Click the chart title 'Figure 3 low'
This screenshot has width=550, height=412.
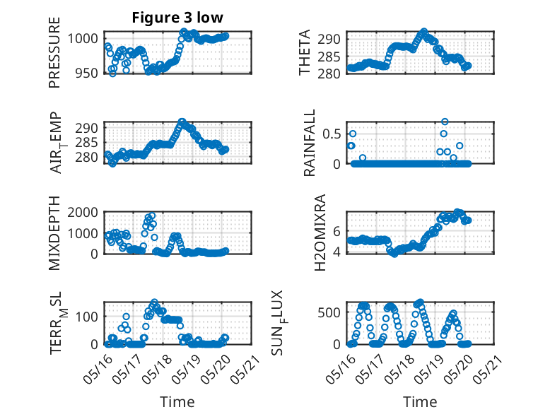pos(177,18)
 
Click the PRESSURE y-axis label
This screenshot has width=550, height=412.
pos(54,52)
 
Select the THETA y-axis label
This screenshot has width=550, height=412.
pos(305,52)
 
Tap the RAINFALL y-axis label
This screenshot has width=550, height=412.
pos(310,143)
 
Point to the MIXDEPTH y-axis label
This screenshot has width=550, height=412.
pos(54,233)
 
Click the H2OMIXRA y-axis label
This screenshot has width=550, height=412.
pos(320,233)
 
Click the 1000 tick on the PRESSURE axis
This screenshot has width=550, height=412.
pos(83,38)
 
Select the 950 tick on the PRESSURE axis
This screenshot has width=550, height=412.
pos(87,73)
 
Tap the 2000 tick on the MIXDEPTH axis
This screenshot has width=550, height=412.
pos(83,212)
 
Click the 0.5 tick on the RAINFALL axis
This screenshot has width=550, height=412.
pos(332,134)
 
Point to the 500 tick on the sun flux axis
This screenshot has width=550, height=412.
pos(329,312)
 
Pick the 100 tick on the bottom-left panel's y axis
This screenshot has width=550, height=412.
pos(87,317)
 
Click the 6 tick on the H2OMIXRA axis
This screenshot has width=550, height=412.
pos(337,231)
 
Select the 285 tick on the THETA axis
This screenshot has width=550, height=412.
pos(329,57)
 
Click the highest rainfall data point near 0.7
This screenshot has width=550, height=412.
pos(445,122)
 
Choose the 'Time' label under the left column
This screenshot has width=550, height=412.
pos(177,401)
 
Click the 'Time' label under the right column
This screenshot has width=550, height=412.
pos(420,401)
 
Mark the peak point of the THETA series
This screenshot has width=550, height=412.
pos(424,32)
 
